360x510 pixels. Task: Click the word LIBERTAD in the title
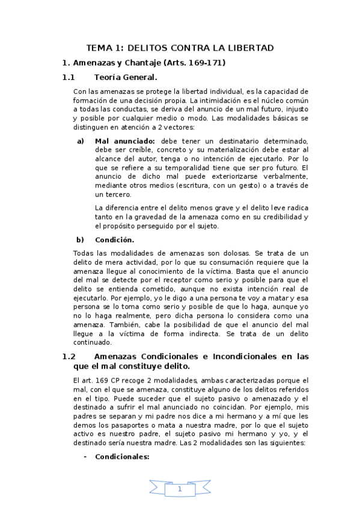[248, 48]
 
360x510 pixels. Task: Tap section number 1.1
[69, 77]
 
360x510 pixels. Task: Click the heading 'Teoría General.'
[126, 77]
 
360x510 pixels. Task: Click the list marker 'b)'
[80, 239]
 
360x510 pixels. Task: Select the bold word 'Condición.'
[114, 239]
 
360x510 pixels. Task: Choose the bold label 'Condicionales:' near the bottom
[122, 456]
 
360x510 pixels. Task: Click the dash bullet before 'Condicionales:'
[85, 456]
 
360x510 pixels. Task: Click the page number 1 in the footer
[180, 490]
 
